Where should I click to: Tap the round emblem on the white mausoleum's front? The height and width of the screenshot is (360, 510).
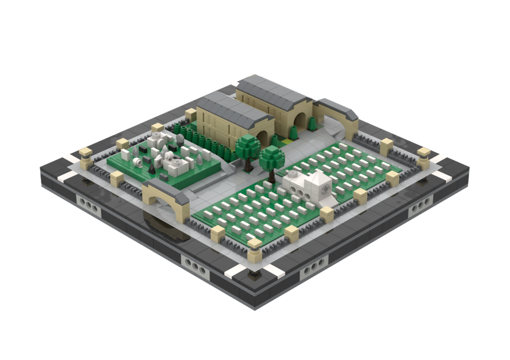[x=323, y=192]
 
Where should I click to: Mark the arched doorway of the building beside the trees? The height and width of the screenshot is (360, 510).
[x=264, y=139]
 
